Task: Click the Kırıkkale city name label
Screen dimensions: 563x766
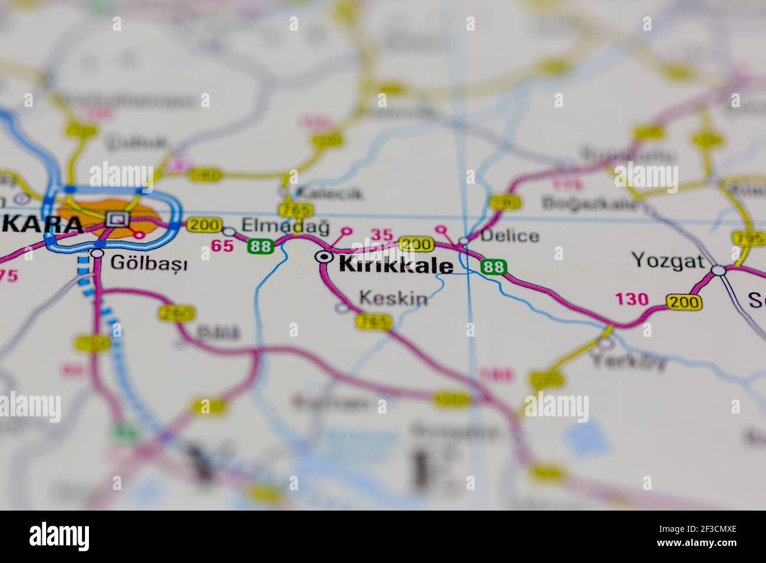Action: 396,265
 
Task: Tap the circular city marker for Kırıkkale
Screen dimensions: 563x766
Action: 322,257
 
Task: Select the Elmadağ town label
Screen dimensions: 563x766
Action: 285,226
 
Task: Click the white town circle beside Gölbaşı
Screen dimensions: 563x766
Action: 97,253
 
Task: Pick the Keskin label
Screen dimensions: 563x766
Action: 393,298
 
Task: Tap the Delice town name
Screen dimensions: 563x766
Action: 509,236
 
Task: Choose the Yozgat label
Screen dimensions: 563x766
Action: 668,260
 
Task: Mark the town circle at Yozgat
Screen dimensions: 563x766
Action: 718,270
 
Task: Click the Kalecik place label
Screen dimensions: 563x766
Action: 329,193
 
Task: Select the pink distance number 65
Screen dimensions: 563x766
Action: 222,246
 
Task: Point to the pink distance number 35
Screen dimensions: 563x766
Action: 381,235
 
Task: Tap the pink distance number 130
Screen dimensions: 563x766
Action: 632,299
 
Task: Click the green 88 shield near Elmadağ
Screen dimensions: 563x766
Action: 260,246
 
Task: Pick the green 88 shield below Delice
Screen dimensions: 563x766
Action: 493,267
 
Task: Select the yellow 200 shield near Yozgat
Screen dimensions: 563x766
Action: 684,302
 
